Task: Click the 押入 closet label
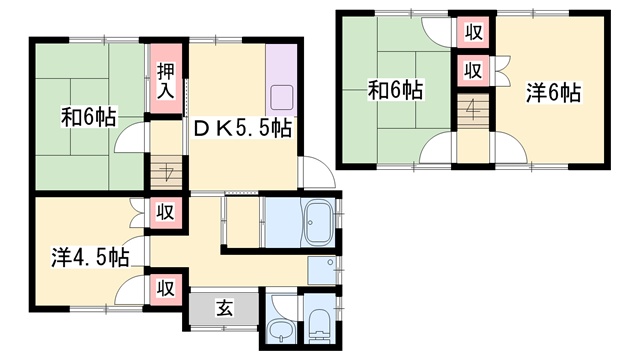(x=166, y=81)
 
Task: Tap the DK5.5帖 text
(x=243, y=129)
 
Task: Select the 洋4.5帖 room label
(x=90, y=257)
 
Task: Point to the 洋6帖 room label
(x=553, y=93)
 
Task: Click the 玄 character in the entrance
(x=224, y=307)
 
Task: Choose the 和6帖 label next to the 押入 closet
(x=89, y=117)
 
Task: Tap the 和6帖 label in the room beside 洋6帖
(x=396, y=90)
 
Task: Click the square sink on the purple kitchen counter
(x=281, y=98)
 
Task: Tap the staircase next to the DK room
(x=166, y=172)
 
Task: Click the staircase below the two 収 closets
(x=473, y=111)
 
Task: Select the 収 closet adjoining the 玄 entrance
(x=166, y=288)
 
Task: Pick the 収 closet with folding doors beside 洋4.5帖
(x=166, y=212)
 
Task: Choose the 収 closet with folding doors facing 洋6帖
(x=473, y=70)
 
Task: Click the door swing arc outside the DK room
(x=322, y=165)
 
